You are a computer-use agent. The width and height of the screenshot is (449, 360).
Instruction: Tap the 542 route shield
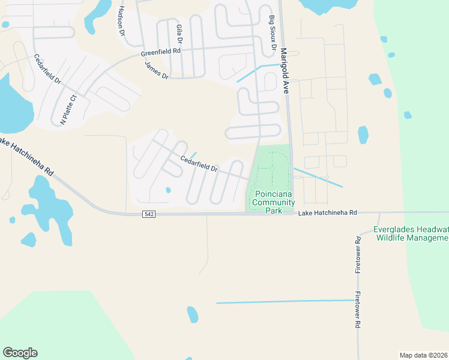click(149, 214)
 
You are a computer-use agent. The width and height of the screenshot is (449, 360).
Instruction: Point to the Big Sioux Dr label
click(273, 32)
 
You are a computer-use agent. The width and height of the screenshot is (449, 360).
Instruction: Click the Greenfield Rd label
click(161, 52)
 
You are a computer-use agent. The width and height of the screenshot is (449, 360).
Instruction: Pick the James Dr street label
click(157, 70)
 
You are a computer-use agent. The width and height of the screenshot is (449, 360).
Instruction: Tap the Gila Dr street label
click(179, 35)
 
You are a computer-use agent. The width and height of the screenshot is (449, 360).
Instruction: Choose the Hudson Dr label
click(121, 21)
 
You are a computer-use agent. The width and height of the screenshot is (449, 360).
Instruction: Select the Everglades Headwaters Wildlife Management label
click(411, 233)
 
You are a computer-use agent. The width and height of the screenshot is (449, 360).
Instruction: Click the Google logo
click(20, 353)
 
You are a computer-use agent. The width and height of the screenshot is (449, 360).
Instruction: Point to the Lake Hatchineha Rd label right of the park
click(328, 213)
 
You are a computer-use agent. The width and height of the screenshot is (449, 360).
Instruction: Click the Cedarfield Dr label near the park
click(199, 164)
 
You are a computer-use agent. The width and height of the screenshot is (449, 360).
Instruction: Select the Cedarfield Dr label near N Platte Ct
click(47, 69)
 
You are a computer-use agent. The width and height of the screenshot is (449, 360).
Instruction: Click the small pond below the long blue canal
click(192, 314)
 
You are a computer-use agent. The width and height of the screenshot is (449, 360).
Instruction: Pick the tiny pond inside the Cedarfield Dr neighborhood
click(168, 190)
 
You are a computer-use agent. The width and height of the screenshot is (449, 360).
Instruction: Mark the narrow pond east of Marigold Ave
click(363, 134)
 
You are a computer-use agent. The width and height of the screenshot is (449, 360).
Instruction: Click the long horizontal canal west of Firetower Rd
click(285, 302)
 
